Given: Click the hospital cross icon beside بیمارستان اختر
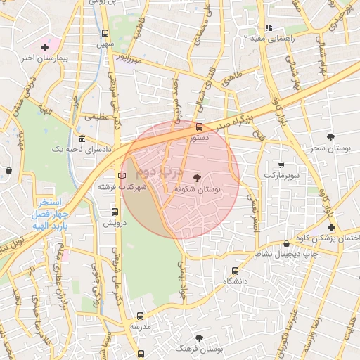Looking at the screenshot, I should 44,47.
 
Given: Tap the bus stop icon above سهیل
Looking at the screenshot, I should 105,33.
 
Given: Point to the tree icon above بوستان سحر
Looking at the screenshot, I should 330,136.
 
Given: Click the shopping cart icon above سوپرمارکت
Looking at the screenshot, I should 281,165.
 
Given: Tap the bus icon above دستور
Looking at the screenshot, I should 199,127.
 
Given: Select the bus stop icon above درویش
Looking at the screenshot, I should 115,211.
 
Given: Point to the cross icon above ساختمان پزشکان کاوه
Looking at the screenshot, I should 330,227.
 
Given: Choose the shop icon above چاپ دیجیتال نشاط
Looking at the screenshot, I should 285,243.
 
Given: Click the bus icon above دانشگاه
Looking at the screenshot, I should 234,270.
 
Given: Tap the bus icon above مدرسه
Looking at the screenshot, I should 140,316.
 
